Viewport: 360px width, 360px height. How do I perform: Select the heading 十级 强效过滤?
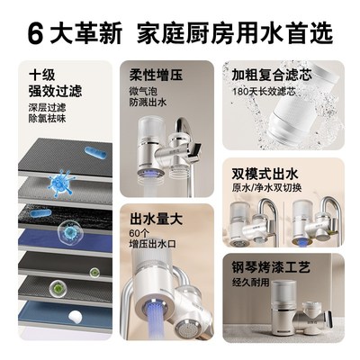click(48, 83)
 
